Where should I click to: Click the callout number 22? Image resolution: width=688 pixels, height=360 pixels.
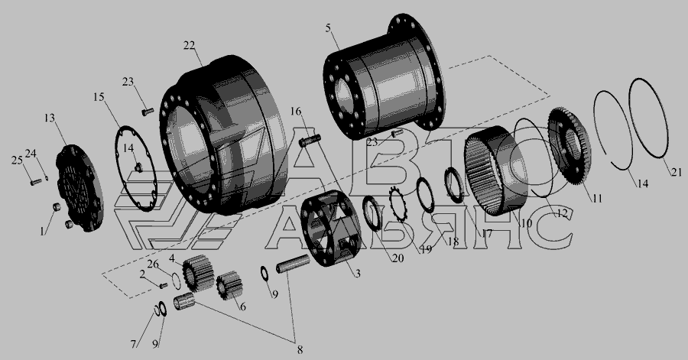[x=189, y=46]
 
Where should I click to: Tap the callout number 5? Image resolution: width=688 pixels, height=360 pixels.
[x=329, y=28]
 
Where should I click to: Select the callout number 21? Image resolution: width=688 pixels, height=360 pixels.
[x=677, y=173]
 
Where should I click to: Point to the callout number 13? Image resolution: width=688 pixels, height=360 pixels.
[x=50, y=118]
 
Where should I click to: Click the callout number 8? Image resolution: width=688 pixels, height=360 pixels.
[x=300, y=349]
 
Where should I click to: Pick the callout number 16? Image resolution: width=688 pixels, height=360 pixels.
[x=296, y=112]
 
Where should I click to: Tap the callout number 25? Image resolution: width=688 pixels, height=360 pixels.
[x=17, y=161]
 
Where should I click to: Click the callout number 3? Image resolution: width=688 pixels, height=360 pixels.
[x=358, y=274]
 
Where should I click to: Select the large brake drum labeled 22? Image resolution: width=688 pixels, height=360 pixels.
[x=222, y=135]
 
